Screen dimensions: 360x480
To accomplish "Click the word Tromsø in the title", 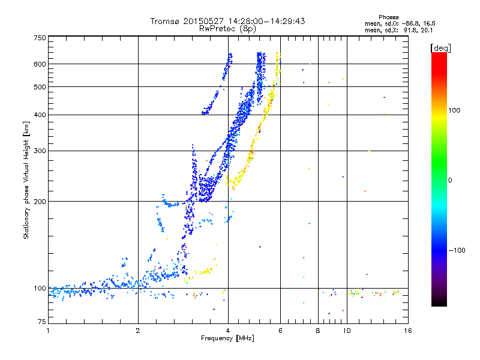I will click(169, 21).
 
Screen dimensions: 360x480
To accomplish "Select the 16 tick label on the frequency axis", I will click(407, 331).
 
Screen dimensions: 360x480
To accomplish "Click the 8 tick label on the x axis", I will click(317, 331).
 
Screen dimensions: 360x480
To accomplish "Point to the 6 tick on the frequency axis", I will click(280, 331).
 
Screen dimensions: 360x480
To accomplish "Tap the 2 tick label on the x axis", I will click(138, 331).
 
